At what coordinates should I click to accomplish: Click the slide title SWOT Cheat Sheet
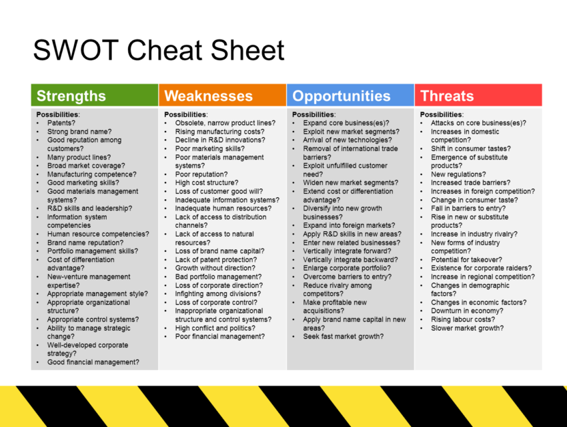tap(159, 50)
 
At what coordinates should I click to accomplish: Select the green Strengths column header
tap(95, 96)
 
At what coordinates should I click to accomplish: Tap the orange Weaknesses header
tap(222, 96)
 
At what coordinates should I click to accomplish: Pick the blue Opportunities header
tap(350, 96)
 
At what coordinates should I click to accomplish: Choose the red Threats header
tap(478, 96)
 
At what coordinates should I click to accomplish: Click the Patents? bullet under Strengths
tap(61, 123)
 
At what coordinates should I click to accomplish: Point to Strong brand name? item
tap(79, 132)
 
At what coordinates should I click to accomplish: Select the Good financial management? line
tap(93, 362)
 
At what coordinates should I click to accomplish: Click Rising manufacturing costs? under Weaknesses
tap(220, 132)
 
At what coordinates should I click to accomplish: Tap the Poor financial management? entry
tap(220, 337)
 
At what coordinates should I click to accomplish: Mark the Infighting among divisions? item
tap(218, 294)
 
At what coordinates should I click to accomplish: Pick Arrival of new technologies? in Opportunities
tap(348, 140)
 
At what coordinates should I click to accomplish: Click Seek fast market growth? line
tap(344, 337)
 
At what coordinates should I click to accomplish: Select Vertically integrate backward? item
tap(350, 260)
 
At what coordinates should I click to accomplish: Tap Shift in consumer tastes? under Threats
tap(471, 148)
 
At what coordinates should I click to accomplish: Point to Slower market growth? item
tap(467, 328)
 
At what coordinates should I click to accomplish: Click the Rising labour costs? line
tap(463, 319)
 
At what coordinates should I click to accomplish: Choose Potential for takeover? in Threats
tap(466, 260)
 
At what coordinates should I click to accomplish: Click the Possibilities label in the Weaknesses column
tap(186, 114)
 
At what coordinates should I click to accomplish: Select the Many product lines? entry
tap(79, 157)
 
